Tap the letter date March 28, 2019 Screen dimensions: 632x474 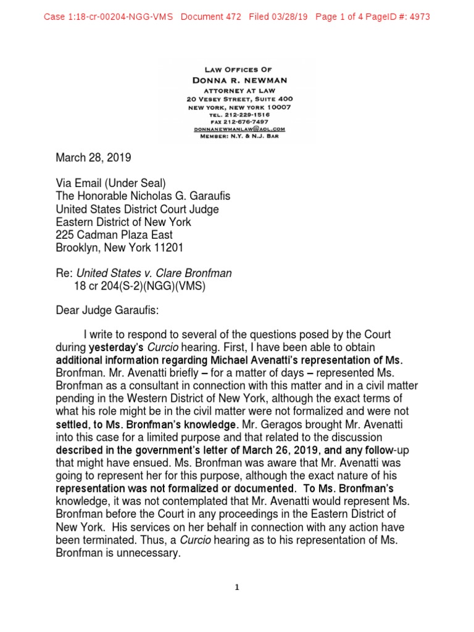pos(93,158)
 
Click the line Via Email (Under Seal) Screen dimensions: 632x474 pos(110,183)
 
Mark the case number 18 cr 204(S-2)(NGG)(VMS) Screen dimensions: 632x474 pos(139,287)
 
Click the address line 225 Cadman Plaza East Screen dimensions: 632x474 pos(114,235)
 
